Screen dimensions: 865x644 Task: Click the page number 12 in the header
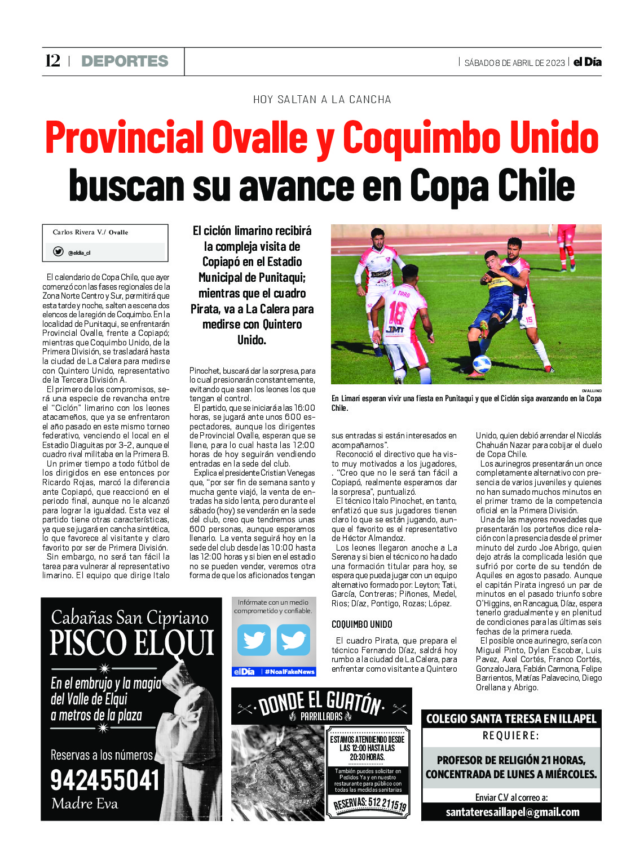pyautogui.click(x=52, y=61)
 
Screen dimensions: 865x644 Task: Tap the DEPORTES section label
pyautogui.click(x=125, y=61)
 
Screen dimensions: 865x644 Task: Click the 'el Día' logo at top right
pyautogui.click(x=587, y=62)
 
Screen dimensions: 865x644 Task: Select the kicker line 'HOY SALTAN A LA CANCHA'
pyautogui.click(x=322, y=100)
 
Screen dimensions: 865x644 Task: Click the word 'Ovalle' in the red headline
pyautogui.click(x=259, y=138)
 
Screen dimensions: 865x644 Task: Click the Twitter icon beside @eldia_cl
pyautogui.click(x=58, y=252)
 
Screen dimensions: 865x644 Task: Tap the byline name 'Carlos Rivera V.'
pyautogui.click(x=78, y=232)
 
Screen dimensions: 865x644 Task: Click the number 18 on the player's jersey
pyautogui.click(x=398, y=313)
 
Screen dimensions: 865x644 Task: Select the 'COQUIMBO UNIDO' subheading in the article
pyautogui.click(x=361, y=624)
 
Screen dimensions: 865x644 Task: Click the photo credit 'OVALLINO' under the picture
pyautogui.click(x=591, y=391)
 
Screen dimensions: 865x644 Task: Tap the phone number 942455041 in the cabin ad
pyautogui.click(x=105, y=780)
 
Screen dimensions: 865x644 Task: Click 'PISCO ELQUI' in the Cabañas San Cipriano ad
pyautogui.click(x=132, y=643)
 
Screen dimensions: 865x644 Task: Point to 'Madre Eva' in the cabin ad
pyautogui.click(x=85, y=804)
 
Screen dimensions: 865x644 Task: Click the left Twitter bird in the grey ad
pyautogui.click(x=254, y=640)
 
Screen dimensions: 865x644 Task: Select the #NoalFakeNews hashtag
pyautogui.click(x=289, y=672)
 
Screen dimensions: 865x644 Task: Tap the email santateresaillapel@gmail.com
pyautogui.click(x=512, y=812)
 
